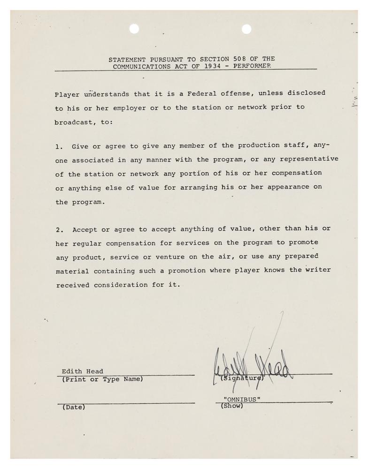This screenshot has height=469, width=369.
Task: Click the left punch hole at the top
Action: point(134,29)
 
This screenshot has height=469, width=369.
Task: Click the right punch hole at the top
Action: point(246,29)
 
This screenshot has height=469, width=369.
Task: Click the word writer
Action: point(318,270)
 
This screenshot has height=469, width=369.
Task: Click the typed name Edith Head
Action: point(82,371)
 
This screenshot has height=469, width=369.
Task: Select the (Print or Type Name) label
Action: point(102,379)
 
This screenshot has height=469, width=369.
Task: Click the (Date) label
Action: point(74,407)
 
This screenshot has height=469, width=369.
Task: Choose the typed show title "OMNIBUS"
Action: point(242,399)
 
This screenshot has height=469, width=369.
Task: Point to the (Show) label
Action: point(232,406)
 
